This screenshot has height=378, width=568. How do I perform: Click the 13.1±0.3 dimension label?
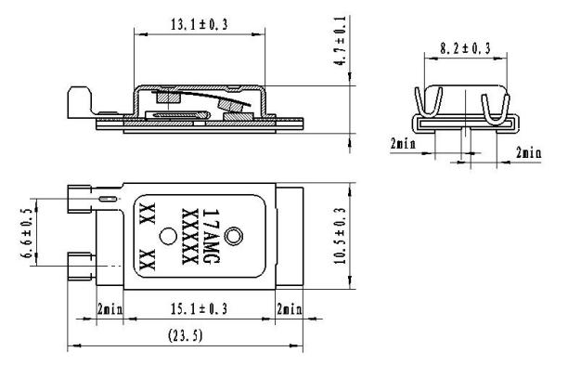click(199, 24)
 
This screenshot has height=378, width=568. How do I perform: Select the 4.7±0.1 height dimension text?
click(340, 41)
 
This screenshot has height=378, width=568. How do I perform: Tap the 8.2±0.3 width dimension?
click(466, 48)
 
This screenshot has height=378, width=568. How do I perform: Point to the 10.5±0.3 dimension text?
click(340, 236)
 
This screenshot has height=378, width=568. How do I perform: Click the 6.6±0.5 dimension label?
click(28, 233)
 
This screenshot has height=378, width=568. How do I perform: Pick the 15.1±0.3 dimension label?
click(199, 308)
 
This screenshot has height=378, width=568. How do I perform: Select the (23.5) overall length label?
click(185, 335)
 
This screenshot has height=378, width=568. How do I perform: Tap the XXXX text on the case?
click(190, 236)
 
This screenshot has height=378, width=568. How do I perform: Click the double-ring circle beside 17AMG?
click(234, 236)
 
